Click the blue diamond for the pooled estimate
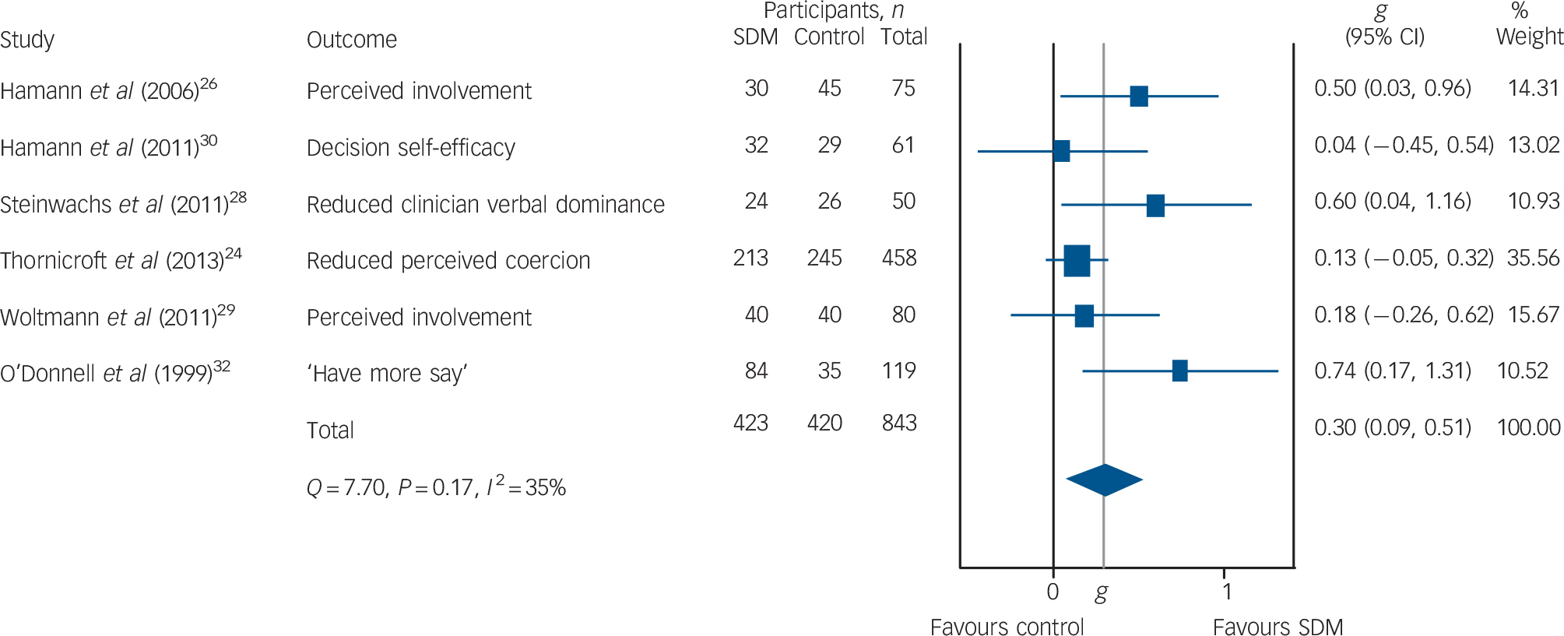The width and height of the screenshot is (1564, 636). (x=1104, y=480)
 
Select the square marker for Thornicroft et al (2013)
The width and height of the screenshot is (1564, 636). (x=1077, y=261)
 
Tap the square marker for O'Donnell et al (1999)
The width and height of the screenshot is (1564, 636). (x=1179, y=371)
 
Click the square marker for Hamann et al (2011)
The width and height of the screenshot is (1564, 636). (x=1061, y=151)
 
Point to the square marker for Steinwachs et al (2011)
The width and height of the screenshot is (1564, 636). (x=1155, y=206)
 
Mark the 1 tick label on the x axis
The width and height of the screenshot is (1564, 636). (x=1227, y=592)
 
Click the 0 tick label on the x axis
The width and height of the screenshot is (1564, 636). (x=1053, y=592)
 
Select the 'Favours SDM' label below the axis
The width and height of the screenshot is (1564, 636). (x=1278, y=627)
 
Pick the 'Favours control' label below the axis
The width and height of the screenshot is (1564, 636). (x=1007, y=627)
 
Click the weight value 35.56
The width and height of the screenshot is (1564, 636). (x=1533, y=258)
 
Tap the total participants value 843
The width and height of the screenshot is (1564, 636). (x=899, y=423)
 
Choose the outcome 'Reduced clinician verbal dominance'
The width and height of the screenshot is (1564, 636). (x=485, y=205)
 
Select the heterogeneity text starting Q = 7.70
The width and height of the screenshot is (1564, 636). (x=436, y=487)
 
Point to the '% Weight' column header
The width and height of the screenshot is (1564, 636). (x=1528, y=25)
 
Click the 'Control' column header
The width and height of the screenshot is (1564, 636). (x=829, y=37)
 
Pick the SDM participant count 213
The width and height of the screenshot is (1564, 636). (x=750, y=258)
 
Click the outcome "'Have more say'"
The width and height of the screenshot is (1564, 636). (x=387, y=374)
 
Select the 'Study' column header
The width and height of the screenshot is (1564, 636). (x=27, y=40)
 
